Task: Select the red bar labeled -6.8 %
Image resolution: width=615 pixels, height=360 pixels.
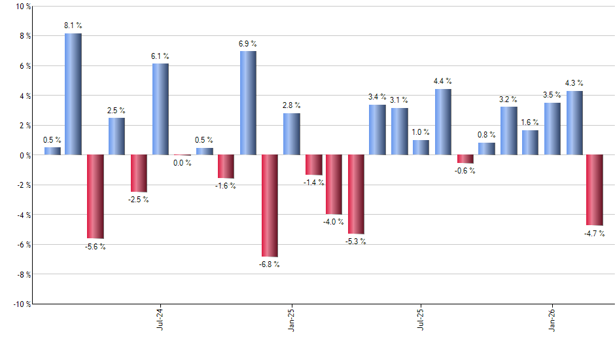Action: pos(270,206)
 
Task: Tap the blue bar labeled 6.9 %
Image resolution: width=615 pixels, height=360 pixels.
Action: pos(248,103)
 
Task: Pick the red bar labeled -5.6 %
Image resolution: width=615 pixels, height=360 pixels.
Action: pos(96,196)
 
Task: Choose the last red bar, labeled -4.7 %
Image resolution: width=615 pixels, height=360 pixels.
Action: pos(595,190)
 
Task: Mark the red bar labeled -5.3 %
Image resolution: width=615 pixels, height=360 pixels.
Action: pos(356,194)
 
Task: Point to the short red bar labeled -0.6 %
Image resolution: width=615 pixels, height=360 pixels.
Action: pos(465,159)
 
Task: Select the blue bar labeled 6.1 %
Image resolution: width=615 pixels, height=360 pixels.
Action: pos(160,109)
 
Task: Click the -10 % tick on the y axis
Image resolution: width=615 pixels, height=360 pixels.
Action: pos(21,304)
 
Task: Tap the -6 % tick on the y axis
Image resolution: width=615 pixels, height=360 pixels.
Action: pos(23,245)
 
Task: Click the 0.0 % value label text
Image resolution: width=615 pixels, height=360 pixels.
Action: pos(183,163)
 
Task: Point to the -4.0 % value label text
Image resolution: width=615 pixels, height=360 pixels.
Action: pos(334,222)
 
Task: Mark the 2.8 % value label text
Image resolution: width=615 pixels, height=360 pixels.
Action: pos(291,105)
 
